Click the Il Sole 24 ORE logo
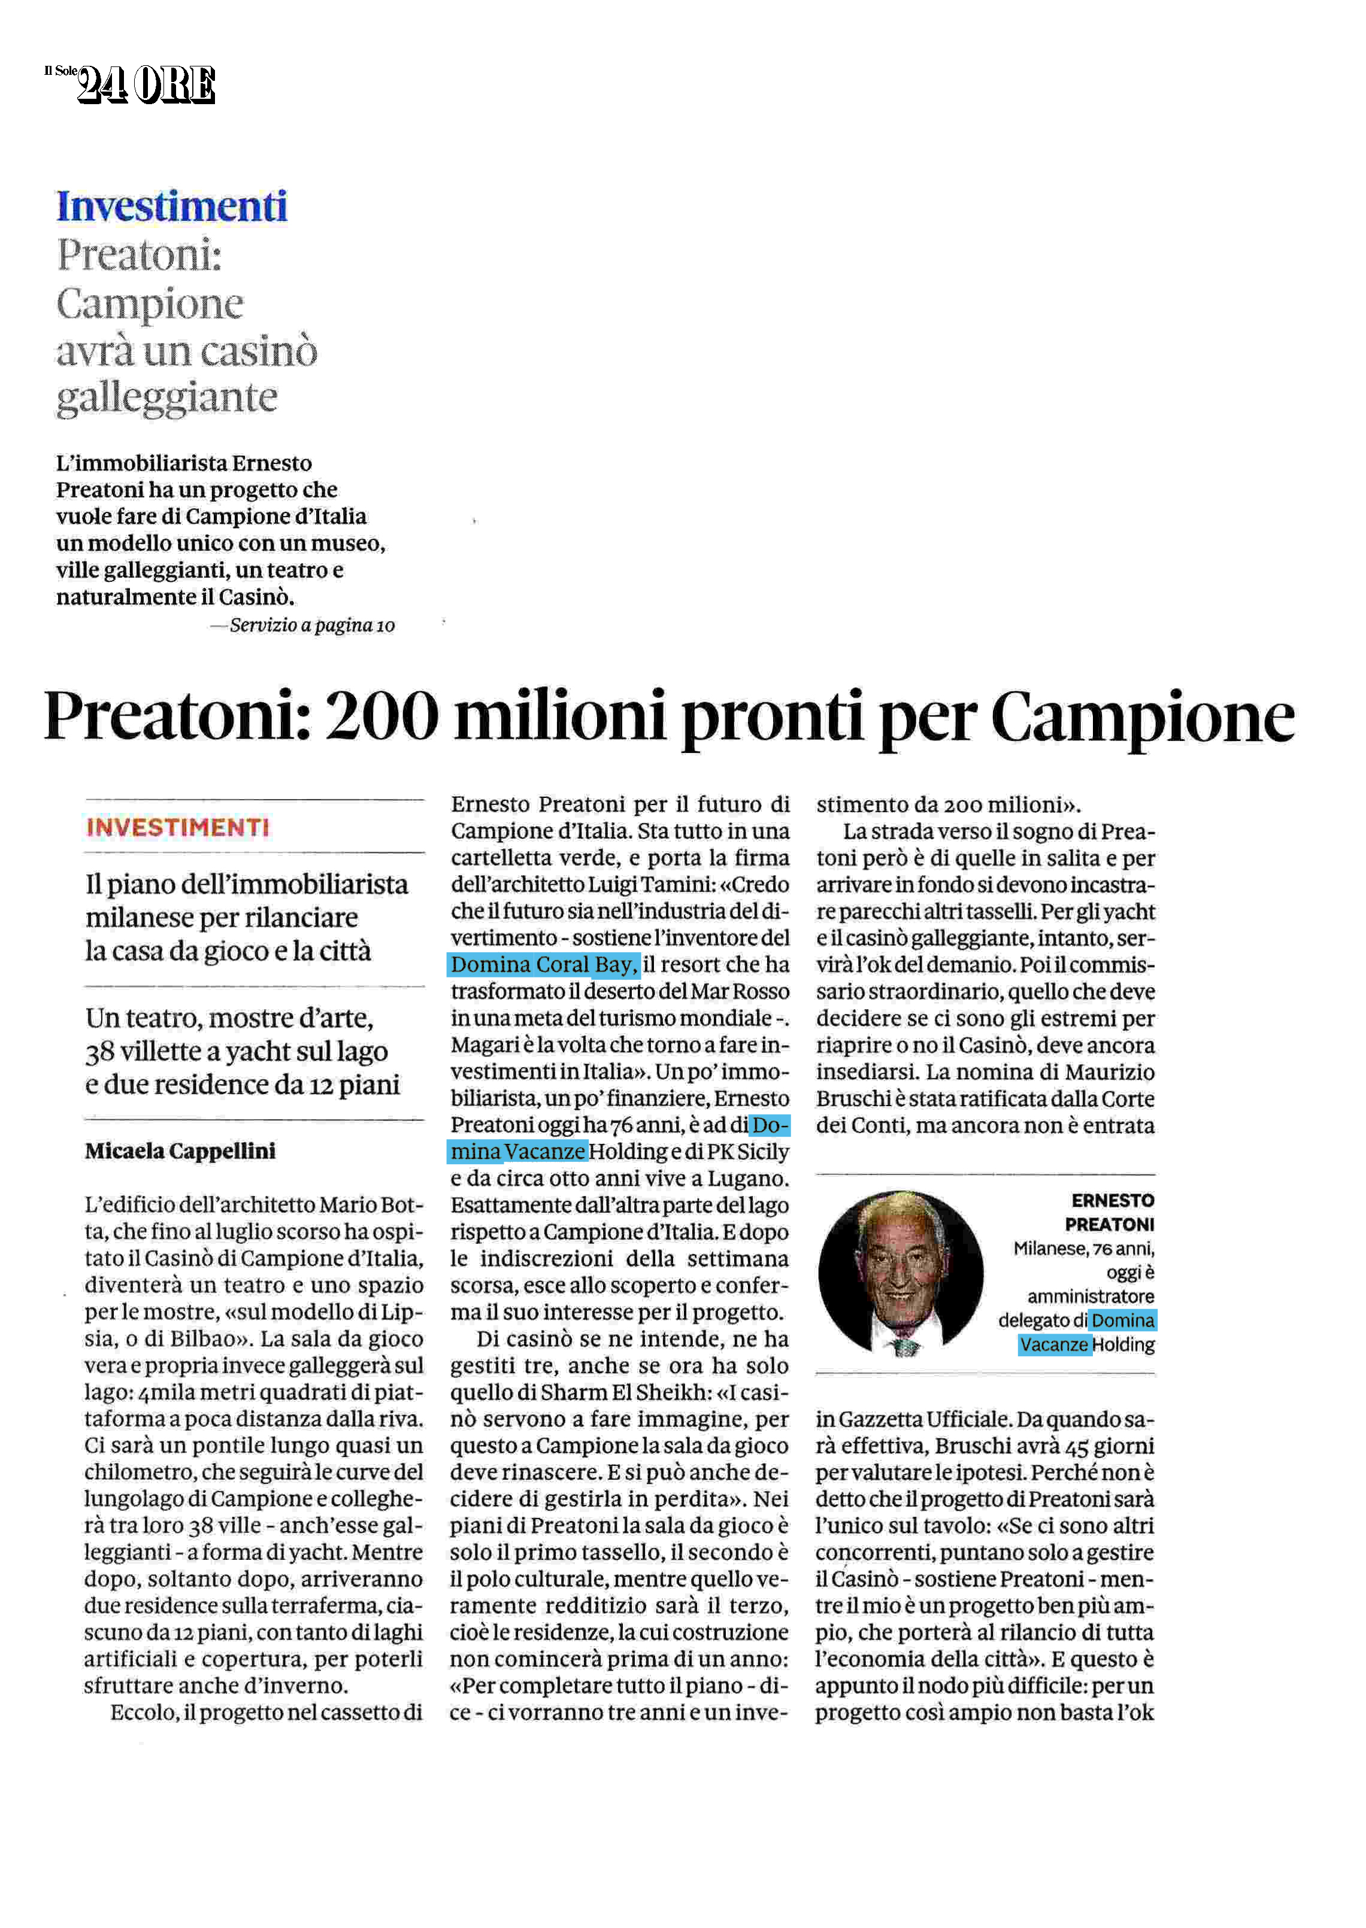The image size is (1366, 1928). click(x=131, y=84)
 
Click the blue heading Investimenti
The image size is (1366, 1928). click(x=172, y=207)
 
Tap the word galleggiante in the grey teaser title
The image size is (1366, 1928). click(x=166, y=397)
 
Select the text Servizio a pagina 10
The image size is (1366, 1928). click(x=312, y=626)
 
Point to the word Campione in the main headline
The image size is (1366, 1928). click(x=1142, y=716)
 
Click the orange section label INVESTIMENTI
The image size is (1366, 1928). click(x=177, y=827)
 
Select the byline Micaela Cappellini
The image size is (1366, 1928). click(x=180, y=1151)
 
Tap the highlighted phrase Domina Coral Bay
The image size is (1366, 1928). click(x=544, y=964)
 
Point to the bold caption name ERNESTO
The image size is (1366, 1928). click(x=1112, y=1201)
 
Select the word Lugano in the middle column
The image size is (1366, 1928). click(x=749, y=1179)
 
